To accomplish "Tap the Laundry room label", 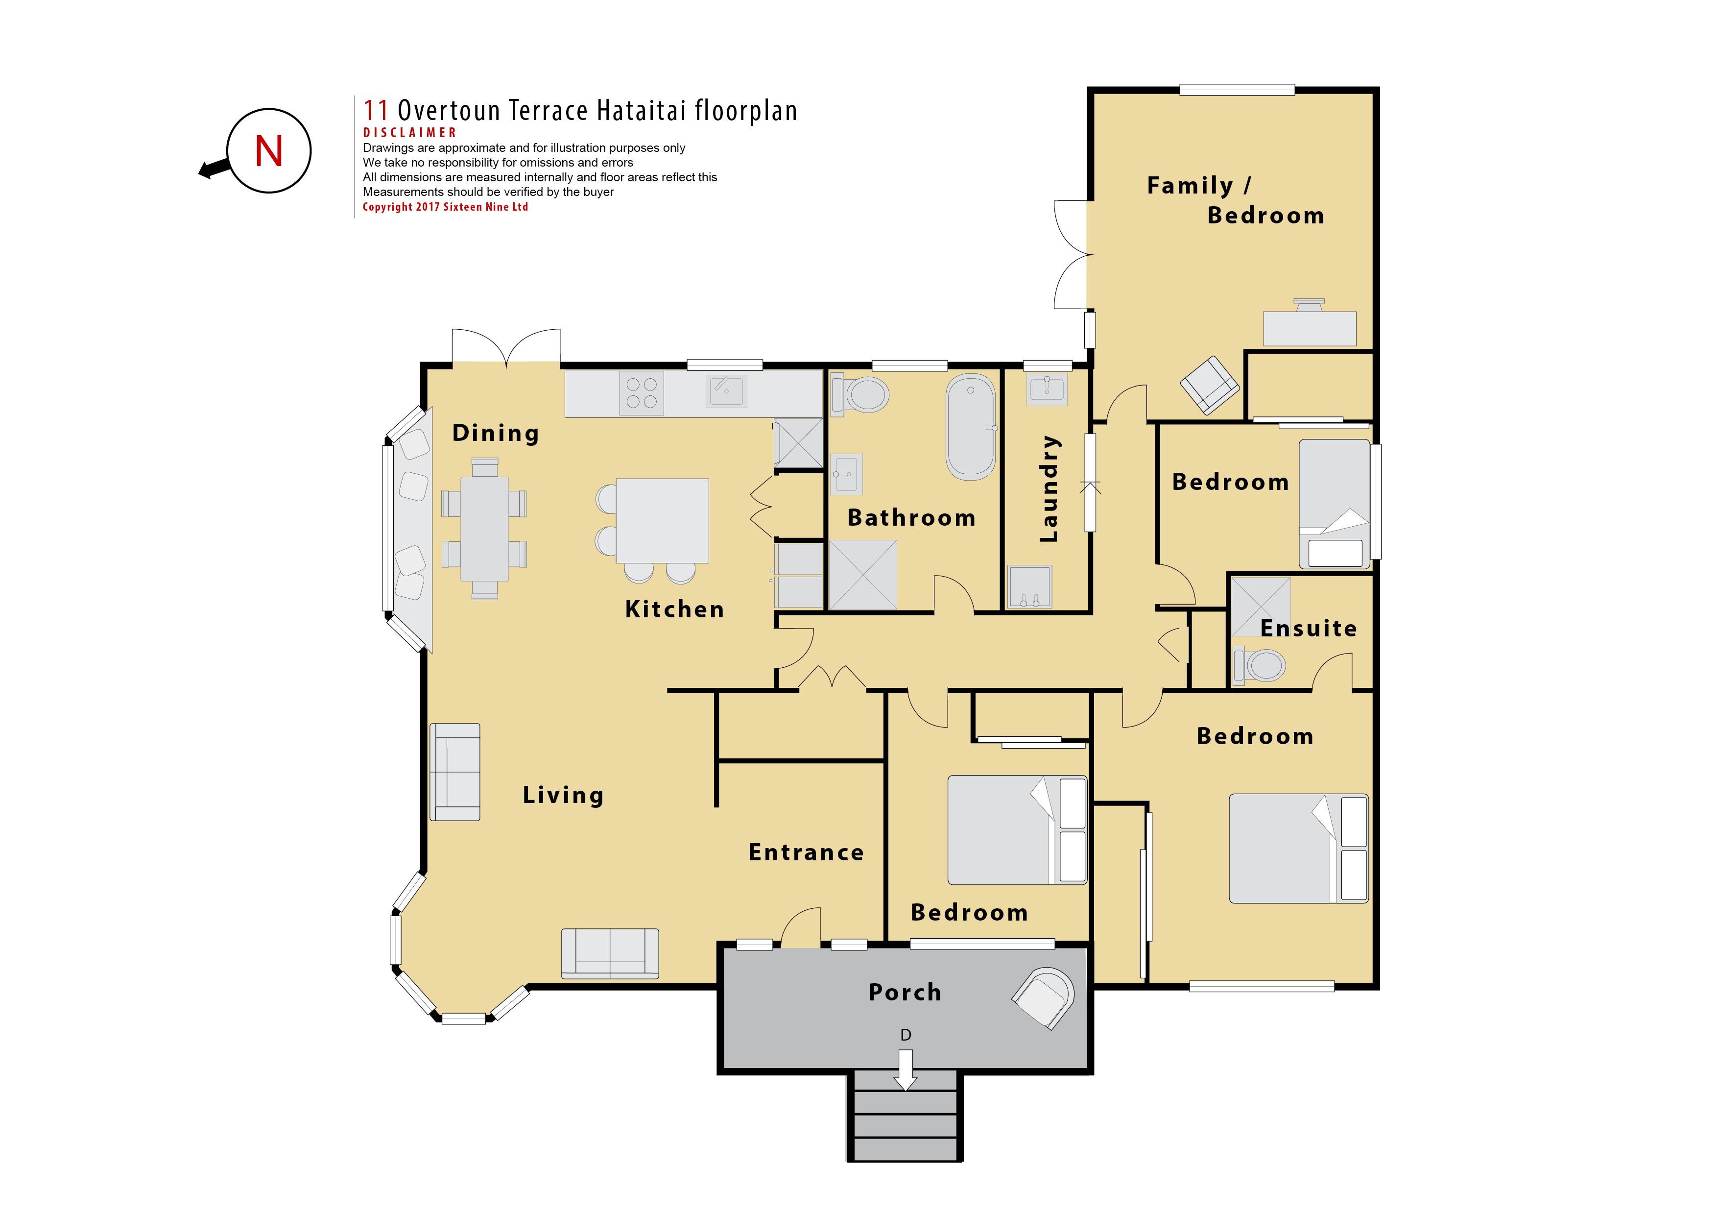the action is coord(1050,488).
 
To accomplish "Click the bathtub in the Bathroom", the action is coord(971,427).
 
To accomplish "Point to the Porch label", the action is coord(905,992).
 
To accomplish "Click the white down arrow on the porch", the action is coord(906,1070).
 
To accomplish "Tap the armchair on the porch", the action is coord(1044,998).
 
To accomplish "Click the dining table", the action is coord(484,529).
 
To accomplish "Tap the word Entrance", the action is coord(806,852).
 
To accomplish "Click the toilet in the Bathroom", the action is coord(860,394).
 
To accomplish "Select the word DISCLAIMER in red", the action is coord(409,132).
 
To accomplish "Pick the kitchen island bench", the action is coord(662,520).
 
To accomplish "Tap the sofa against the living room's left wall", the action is coord(455,772).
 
